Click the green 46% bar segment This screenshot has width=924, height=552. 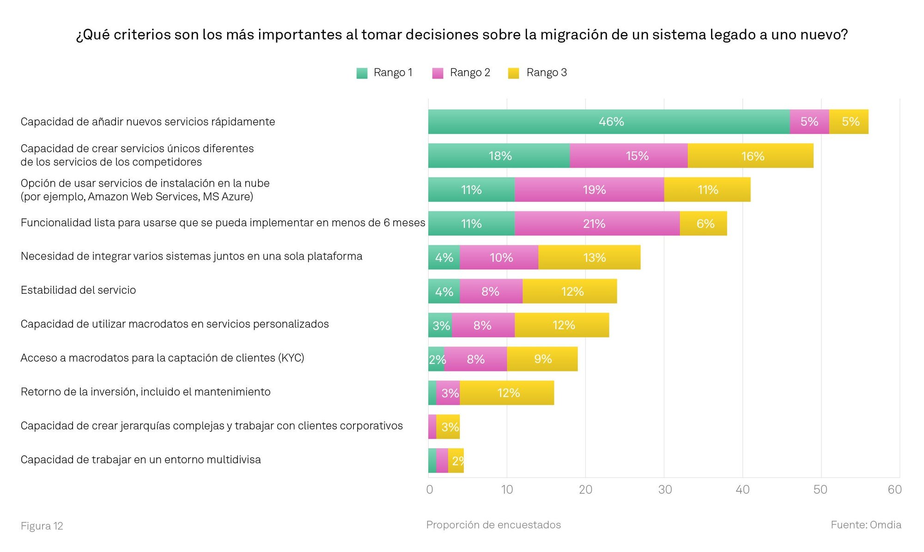tap(609, 121)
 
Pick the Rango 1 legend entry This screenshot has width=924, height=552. tap(384, 73)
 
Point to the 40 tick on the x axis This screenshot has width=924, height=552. tap(742, 490)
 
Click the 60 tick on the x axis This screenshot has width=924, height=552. tap(894, 490)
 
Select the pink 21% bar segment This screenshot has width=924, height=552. tap(597, 224)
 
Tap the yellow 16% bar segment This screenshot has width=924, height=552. tap(750, 156)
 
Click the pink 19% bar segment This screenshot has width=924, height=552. tap(589, 189)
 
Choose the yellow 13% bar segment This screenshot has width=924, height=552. tap(589, 257)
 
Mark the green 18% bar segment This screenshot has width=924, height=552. tap(499, 156)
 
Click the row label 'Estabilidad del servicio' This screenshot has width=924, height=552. tap(79, 290)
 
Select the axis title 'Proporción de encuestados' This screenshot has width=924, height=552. tap(493, 525)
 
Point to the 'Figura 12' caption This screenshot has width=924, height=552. tap(42, 526)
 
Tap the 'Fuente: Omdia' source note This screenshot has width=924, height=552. tap(866, 525)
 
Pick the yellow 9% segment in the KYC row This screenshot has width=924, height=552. tap(542, 359)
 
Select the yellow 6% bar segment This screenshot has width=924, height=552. tap(703, 224)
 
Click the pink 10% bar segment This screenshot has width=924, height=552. tap(499, 257)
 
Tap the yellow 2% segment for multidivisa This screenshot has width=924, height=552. tap(456, 461)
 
